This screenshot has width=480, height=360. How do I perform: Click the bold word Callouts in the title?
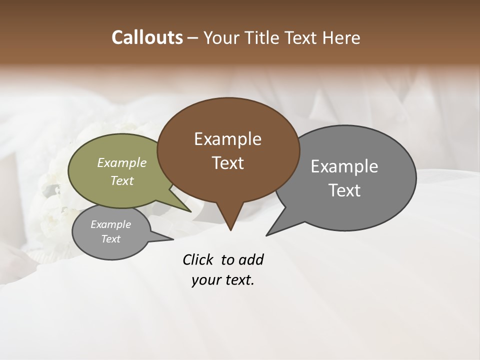(x=147, y=37)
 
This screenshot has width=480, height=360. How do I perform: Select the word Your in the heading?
(x=221, y=38)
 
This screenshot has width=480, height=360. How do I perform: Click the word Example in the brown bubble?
(x=227, y=139)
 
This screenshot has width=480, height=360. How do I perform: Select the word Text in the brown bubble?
(x=227, y=163)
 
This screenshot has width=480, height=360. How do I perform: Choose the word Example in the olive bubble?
(x=121, y=163)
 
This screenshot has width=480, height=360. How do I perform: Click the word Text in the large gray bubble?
(x=344, y=190)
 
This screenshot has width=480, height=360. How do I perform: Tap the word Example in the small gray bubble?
(x=110, y=224)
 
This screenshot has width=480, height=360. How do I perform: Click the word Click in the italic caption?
(x=199, y=259)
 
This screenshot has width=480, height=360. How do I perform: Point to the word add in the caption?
(x=251, y=259)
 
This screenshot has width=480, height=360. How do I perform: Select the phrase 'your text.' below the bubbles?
(x=223, y=280)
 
